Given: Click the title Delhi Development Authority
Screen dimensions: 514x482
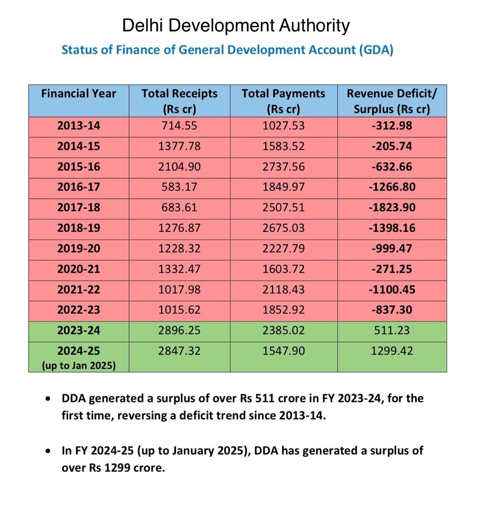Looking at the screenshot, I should (x=236, y=25).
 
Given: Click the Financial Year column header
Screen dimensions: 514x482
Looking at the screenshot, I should (x=78, y=94).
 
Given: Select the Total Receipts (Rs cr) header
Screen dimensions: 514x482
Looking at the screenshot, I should (x=179, y=101).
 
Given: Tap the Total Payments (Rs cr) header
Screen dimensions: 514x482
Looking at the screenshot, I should (x=283, y=101).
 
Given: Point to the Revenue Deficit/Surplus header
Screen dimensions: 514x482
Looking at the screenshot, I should (x=392, y=101).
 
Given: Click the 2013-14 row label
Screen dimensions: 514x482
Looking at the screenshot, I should (x=78, y=126).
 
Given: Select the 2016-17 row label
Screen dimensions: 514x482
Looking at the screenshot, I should (x=78, y=187).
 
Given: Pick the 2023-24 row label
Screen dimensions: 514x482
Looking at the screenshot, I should (x=78, y=330).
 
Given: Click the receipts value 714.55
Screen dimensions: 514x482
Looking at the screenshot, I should (x=179, y=126).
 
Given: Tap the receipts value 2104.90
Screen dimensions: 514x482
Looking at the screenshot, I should (x=179, y=167).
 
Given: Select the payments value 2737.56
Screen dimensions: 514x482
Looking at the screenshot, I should (x=284, y=167).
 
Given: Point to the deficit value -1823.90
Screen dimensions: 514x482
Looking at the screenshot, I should (x=392, y=208).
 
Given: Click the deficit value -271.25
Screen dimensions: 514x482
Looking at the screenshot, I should (x=392, y=269).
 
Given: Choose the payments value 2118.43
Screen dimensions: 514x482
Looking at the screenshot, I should (x=284, y=290).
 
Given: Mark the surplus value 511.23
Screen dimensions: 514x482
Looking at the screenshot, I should (x=392, y=330).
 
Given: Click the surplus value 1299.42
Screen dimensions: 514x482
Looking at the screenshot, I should (x=392, y=351).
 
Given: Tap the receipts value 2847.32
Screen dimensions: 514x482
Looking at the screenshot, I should (x=179, y=351).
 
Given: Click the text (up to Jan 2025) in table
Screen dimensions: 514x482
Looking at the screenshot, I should (x=79, y=366).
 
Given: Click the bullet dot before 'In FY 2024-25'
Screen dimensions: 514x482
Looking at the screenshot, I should (x=48, y=451).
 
